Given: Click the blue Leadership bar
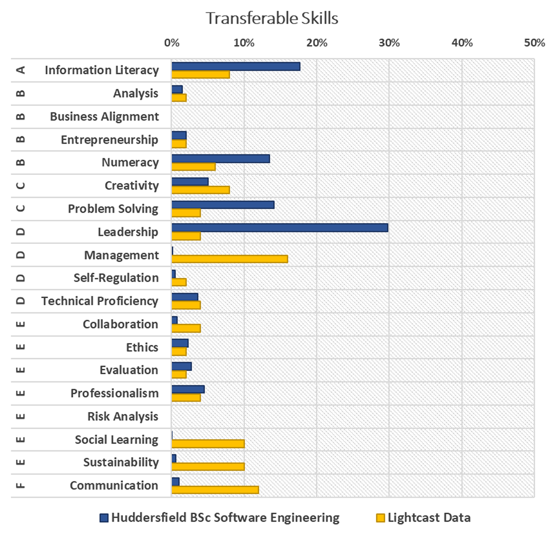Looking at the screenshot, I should pyautogui.click(x=279, y=228).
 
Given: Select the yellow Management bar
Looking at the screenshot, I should pyautogui.click(x=229, y=259).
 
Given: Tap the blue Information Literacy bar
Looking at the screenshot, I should pyautogui.click(x=236, y=66).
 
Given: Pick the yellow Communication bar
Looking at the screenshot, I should pyautogui.click(x=215, y=490).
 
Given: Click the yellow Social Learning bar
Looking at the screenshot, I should pyautogui.click(x=208, y=444).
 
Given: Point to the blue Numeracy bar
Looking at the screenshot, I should pyautogui.click(x=220, y=159).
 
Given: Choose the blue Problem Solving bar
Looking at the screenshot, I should pyautogui.click(x=223, y=204).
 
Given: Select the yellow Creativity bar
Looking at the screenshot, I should pyautogui.click(x=201, y=190).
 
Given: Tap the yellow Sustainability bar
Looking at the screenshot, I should pyautogui.click(x=208, y=466).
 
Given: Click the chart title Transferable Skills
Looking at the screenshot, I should pyautogui.click(x=272, y=19).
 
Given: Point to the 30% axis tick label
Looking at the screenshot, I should pyautogui.click(x=389, y=43).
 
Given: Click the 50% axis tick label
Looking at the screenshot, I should pyautogui.click(x=534, y=43).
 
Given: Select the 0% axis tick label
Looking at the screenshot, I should pyautogui.click(x=172, y=43).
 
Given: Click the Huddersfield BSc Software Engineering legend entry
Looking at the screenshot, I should pyautogui.click(x=220, y=518).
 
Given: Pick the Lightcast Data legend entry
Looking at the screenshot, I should pyautogui.click(x=423, y=518).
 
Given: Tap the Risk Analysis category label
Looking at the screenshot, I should pyautogui.click(x=123, y=416).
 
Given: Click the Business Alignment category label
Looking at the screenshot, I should pyautogui.click(x=104, y=116).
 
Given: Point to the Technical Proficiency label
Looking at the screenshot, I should pyautogui.click(x=100, y=301).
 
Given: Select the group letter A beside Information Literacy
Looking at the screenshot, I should pyautogui.click(x=20, y=70).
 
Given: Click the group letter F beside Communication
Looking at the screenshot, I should pyautogui.click(x=20, y=485).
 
